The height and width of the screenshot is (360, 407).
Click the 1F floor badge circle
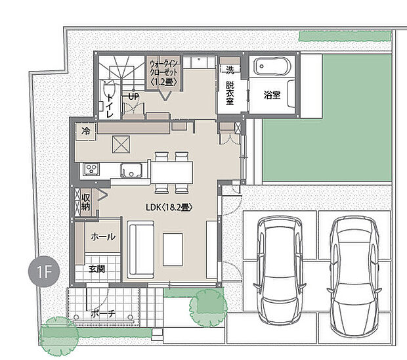[44, 271]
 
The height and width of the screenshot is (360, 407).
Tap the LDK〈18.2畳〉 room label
[169, 208]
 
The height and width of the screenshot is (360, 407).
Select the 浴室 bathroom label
[272, 95]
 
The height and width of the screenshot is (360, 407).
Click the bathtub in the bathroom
[272, 66]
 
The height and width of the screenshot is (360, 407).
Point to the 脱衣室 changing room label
[230, 93]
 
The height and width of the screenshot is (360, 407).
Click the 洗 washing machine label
[230, 70]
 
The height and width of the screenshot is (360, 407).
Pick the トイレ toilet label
[110, 106]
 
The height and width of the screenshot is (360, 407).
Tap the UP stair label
[134, 97]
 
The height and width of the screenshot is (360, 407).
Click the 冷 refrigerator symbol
[85, 131]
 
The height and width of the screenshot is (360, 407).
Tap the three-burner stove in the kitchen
[91, 169]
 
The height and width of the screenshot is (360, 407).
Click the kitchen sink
[131, 170]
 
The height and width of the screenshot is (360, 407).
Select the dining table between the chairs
[171, 173]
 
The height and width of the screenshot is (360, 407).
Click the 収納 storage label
[85, 202]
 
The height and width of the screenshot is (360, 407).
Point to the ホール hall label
[103, 236]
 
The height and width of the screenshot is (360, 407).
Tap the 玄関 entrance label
[96, 269]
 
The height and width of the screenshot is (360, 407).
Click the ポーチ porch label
[103, 314]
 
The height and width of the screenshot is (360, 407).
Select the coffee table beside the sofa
[173, 250]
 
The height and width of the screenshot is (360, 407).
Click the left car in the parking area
[280, 271]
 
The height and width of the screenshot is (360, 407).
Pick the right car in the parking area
[354, 277]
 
